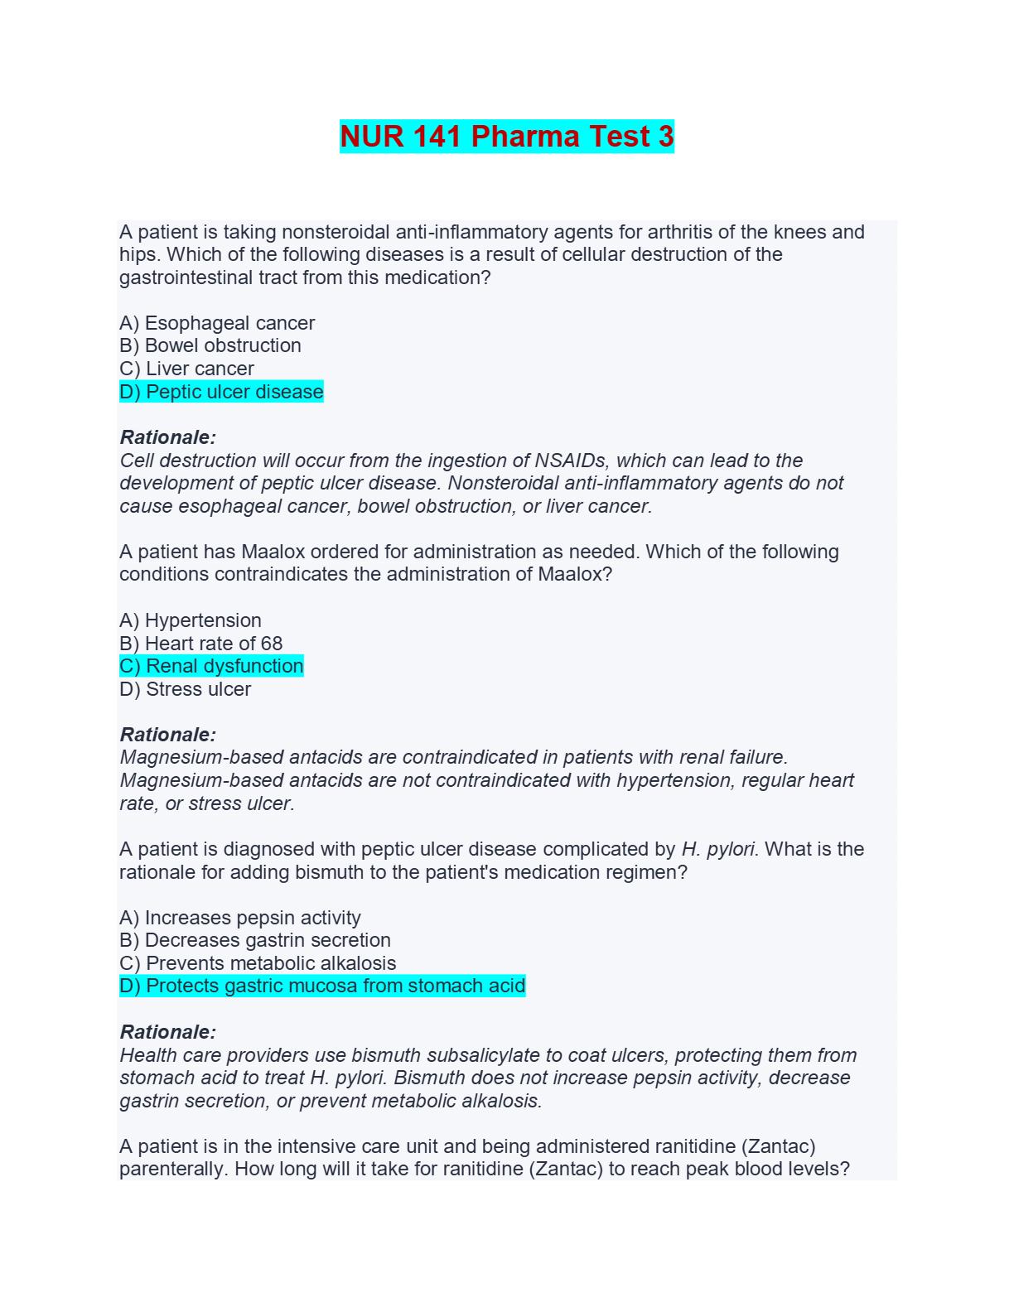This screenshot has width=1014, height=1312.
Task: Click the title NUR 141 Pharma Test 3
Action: pos(507,137)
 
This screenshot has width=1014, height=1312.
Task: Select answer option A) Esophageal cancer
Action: pos(217,323)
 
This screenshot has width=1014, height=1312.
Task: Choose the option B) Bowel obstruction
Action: pos(210,345)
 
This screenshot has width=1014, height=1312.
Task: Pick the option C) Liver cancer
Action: pos(186,369)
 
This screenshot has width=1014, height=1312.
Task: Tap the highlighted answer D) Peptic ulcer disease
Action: pos(221,392)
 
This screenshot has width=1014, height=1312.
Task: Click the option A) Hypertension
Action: pos(191,620)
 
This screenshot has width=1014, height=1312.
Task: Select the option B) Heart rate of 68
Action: pos(201,644)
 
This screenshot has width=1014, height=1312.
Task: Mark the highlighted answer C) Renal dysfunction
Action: pos(211,666)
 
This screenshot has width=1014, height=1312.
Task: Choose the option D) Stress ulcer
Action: pos(185,689)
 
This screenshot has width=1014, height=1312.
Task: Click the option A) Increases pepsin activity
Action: pos(240,918)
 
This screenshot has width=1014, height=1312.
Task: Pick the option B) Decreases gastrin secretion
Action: pos(255,940)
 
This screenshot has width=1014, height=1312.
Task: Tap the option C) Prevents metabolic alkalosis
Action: pos(258,963)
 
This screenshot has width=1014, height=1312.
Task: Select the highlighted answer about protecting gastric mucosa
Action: pos(322,986)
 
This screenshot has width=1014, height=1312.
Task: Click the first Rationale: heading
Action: pos(168,437)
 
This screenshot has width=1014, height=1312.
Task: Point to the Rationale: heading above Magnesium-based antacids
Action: pos(168,735)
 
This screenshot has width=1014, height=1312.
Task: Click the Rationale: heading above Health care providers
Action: pos(168,1032)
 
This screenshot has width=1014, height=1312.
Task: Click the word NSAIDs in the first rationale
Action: pos(570,461)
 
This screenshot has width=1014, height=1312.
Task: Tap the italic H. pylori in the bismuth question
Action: pos(717,850)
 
